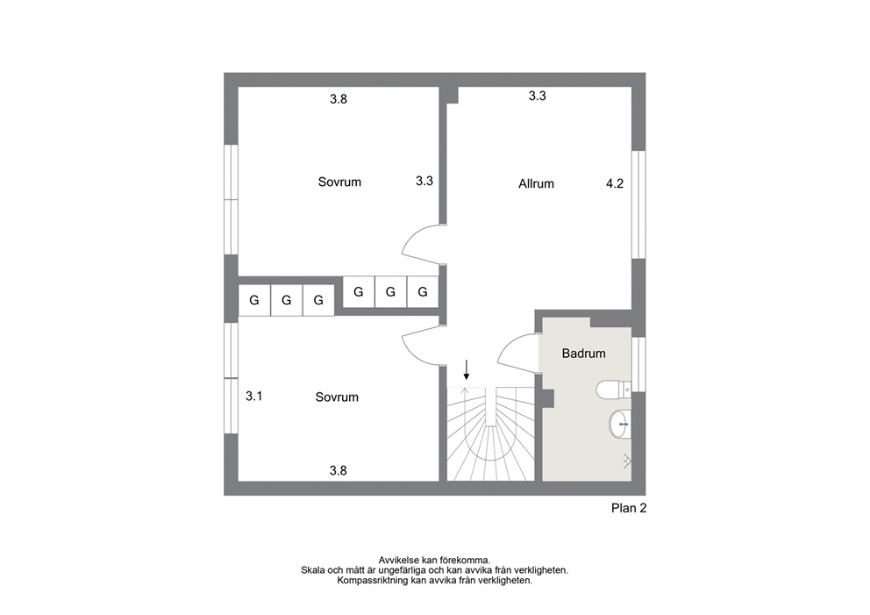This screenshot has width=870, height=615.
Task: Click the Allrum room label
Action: point(536,183)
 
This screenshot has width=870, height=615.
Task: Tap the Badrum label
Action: point(584,354)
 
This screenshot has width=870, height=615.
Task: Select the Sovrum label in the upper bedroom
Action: point(339,182)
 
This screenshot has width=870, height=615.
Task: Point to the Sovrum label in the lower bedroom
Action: point(337,397)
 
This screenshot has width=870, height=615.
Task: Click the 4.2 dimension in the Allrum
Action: point(615,183)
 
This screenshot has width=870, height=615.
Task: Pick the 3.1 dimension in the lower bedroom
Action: point(254,397)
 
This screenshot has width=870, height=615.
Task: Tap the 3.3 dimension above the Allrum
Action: point(537,96)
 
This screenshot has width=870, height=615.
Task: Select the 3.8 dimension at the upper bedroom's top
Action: point(339,99)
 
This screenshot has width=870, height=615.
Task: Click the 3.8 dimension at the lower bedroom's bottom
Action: point(339,471)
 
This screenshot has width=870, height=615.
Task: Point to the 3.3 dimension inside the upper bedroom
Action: point(424,181)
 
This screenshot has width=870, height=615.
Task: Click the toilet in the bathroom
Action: point(613,390)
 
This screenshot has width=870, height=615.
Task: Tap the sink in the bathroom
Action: point(620,425)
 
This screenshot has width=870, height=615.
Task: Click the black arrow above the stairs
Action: point(467,369)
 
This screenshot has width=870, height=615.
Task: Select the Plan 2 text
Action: point(629,508)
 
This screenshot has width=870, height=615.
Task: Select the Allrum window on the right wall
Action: point(638,204)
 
